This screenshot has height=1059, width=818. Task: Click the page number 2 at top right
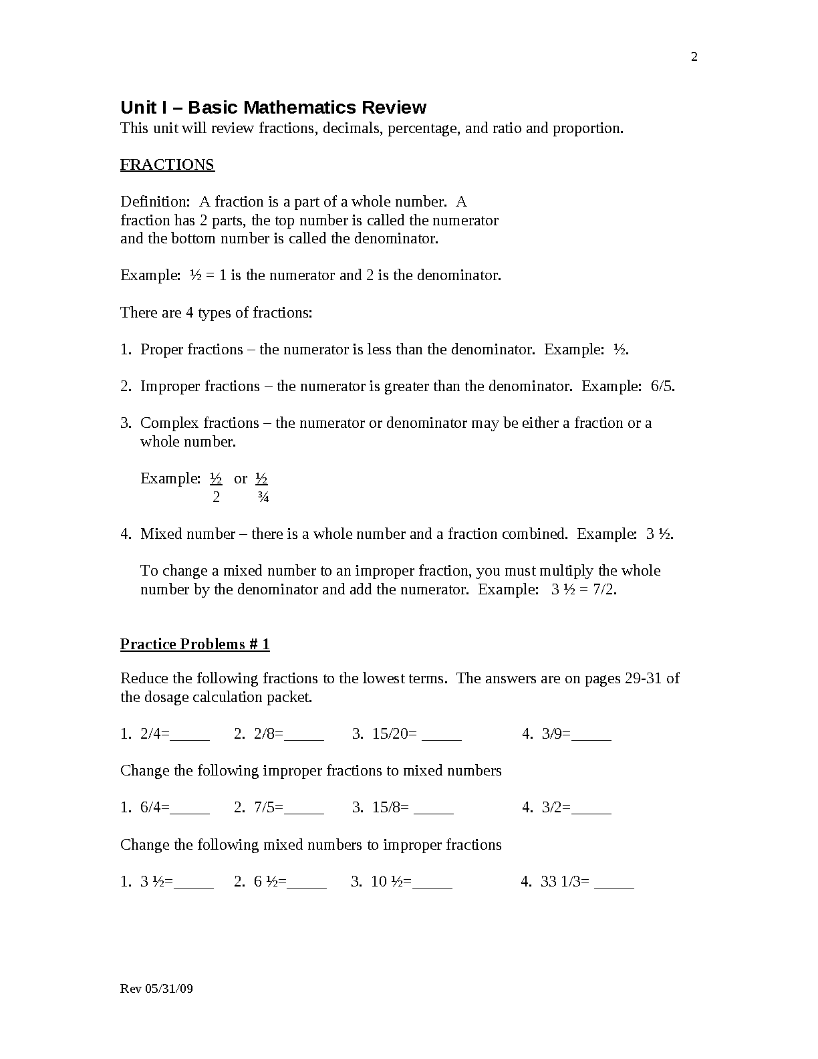click(x=694, y=57)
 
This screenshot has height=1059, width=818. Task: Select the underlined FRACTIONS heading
click(x=167, y=165)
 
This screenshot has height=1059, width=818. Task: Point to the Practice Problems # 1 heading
click(x=194, y=644)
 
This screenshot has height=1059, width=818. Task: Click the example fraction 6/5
click(x=662, y=386)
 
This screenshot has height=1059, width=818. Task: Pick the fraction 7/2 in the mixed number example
click(x=603, y=590)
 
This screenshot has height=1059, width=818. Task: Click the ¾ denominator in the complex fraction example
click(x=263, y=497)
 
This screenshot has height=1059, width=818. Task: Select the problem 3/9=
click(x=556, y=734)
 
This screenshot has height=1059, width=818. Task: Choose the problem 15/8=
click(x=390, y=808)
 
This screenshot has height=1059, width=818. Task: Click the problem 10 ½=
click(x=391, y=882)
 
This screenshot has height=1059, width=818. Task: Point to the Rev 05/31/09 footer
click(x=156, y=989)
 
